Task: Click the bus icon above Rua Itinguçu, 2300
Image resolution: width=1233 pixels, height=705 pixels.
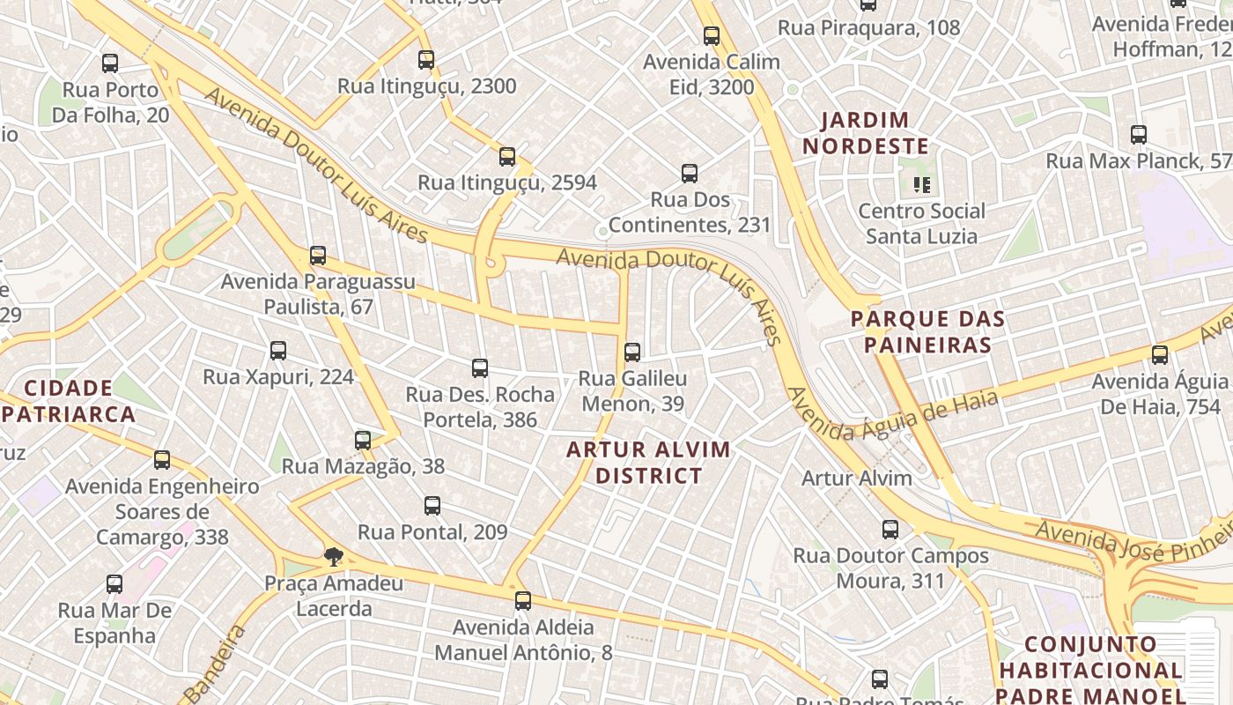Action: point(426,60)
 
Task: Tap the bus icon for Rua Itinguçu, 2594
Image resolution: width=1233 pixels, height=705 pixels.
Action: point(507,157)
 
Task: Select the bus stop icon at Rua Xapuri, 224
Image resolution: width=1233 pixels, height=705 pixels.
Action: point(278,351)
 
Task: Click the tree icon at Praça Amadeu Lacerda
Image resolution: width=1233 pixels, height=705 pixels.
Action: point(333,556)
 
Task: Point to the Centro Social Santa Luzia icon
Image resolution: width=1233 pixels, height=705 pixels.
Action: point(922,185)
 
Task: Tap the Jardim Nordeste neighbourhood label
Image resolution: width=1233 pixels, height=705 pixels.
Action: point(866,133)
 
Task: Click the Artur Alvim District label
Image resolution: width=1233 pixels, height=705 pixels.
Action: point(648,463)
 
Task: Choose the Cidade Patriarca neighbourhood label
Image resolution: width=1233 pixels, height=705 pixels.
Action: point(69,401)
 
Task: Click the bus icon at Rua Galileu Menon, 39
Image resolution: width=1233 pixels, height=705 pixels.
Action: point(632,352)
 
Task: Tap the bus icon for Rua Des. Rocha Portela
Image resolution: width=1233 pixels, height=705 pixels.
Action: point(480,368)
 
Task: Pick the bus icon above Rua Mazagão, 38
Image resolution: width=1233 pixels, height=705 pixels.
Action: point(363,441)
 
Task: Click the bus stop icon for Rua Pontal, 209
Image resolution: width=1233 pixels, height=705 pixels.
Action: point(432,506)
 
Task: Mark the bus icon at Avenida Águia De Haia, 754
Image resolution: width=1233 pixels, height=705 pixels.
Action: point(1160,355)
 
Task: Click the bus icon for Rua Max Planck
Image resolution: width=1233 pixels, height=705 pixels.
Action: point(1139,135)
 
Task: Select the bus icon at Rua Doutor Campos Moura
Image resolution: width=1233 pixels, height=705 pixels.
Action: point(890,530)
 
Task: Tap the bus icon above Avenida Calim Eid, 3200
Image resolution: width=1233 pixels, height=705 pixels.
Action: point(712,36)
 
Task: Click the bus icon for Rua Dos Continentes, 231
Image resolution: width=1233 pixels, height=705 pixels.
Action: point(690,174)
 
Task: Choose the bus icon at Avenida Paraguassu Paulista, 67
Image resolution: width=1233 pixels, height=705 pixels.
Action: point(318,256)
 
